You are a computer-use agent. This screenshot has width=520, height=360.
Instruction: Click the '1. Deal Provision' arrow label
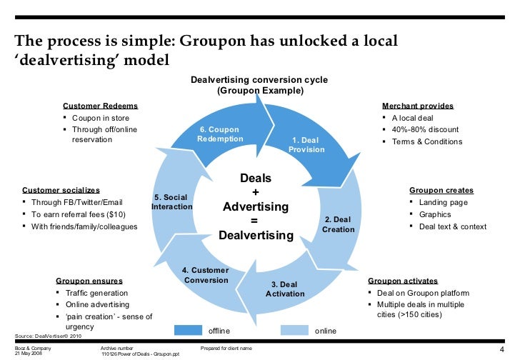click(306, 145)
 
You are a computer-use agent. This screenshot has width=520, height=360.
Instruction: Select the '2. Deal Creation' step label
click(338, 224)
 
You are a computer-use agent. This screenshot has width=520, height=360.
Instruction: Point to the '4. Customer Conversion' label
click(205, 275)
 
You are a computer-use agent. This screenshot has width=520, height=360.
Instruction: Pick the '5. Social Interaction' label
click(172, 202)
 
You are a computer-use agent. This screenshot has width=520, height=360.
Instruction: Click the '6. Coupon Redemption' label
click(219, 134)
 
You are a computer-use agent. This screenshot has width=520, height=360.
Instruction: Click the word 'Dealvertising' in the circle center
click(256, 236)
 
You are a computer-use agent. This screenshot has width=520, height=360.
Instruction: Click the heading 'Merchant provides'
click(418, 106)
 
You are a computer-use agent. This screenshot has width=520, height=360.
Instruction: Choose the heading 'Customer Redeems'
click(101, 106)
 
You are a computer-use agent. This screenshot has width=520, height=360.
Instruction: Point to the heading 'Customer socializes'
click(61, 191)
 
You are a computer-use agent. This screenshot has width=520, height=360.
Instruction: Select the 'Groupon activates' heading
click(403, 281)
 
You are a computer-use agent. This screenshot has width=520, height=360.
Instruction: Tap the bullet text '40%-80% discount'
click(426, 129)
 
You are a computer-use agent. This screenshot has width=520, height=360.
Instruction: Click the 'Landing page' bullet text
click(444, 202)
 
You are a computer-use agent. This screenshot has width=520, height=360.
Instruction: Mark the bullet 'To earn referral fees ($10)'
click(80, 214)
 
